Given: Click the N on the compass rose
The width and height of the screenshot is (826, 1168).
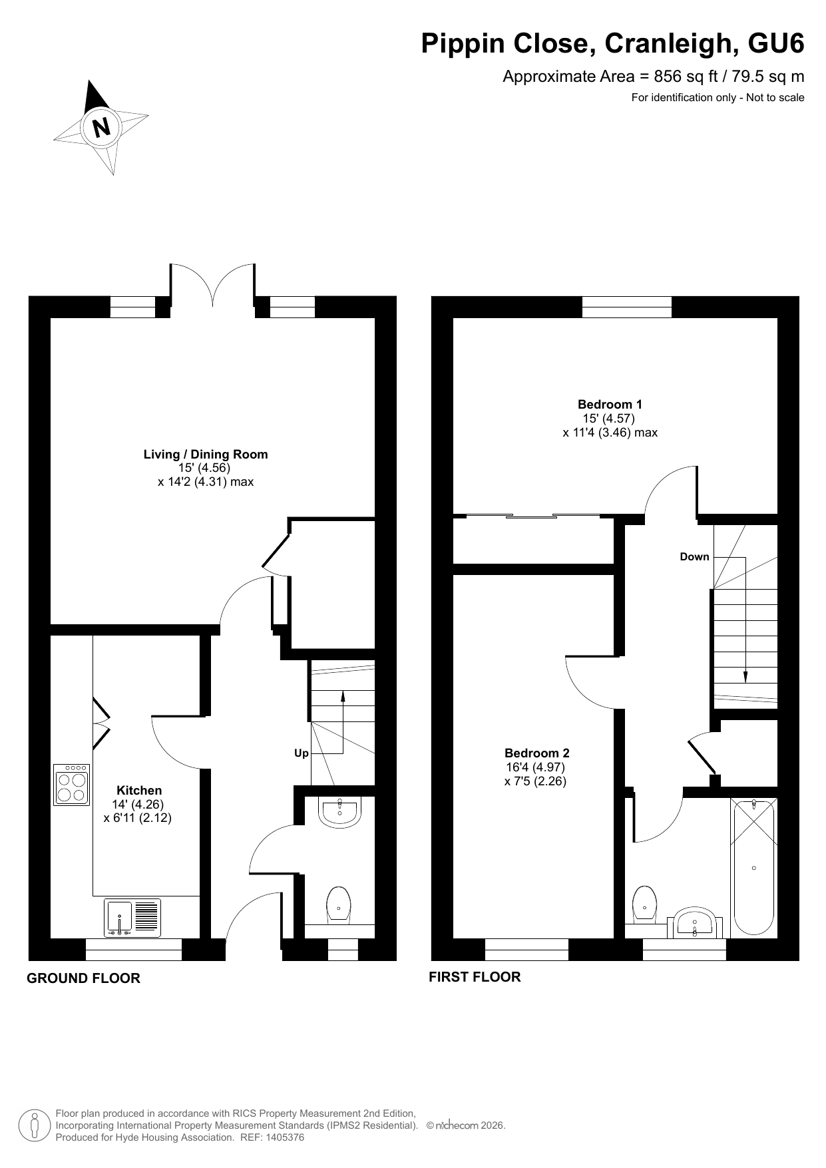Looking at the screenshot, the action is [101, 126].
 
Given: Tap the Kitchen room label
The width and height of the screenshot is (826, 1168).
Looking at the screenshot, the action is [139, 790].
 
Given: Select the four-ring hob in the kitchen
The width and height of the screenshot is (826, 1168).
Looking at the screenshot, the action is [72, 785].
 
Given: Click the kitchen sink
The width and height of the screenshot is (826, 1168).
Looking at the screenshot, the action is [132, 918].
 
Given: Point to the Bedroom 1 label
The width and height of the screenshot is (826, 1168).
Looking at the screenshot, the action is [610, 404].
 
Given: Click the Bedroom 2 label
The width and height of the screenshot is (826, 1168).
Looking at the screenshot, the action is [536, 753].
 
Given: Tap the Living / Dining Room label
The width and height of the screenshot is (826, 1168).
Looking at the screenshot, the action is [206, 454].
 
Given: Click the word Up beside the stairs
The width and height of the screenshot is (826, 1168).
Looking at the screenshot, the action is [302, 753].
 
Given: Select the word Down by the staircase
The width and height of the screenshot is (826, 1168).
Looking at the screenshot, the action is [694, 556].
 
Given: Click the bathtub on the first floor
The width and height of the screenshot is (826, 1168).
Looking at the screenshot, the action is [753, 867].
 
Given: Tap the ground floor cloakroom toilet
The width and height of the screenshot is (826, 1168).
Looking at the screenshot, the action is [339, 905].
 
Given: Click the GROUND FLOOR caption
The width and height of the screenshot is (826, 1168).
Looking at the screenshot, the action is [83, 978].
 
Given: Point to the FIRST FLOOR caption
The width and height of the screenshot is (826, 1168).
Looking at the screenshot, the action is [475, 977].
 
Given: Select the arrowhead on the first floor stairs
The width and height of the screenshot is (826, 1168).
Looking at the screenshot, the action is [745, 677].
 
